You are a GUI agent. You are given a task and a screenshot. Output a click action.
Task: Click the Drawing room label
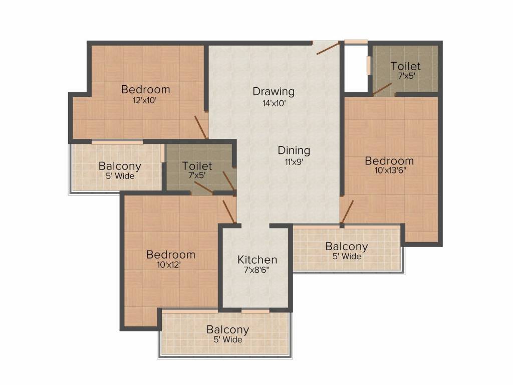273,91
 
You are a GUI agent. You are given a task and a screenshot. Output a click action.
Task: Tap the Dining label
294,150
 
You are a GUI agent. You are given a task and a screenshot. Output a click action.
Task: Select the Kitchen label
257,260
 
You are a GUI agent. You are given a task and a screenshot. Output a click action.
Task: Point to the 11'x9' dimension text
294,161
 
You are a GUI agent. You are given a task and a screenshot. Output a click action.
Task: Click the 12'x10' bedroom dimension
146,100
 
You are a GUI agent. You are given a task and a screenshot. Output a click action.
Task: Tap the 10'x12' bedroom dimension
170,265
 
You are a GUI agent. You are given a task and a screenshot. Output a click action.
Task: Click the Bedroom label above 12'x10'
146,90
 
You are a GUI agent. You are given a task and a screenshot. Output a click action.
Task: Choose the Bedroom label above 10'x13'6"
389,161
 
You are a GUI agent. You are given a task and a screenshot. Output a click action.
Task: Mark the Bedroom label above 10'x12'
170,254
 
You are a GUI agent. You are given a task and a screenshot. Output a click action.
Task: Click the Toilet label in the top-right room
406,66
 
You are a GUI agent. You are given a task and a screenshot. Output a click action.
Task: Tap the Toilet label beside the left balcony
197,165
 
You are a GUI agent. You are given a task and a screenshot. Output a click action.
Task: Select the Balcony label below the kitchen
227,330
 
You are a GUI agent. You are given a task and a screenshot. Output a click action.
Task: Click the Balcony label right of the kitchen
347,246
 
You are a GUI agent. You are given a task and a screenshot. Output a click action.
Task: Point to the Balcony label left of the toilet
120,166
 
